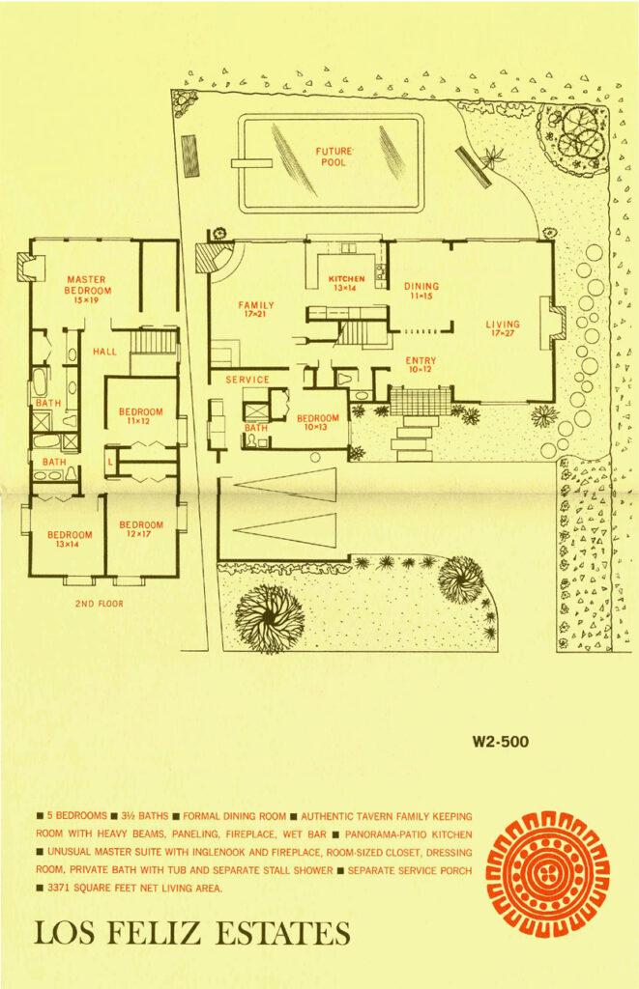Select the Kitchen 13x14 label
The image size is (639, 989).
[x=346, y=283]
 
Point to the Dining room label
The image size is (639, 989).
[x=421, y=290]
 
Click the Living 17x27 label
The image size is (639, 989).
[x=503, y=328]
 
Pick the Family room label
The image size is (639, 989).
[x=256, y=309]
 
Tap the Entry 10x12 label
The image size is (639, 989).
[x=421, y=364]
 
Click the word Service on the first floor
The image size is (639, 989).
[x=247, y=380]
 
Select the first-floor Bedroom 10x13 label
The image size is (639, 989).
[x=318, y=422]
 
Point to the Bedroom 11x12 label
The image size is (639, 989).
[x=141, y=416]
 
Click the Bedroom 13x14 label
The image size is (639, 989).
[x=70, y=539]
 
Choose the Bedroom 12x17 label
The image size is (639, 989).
[x=141, y=528]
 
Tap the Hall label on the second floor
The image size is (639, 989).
[x=104, y=352]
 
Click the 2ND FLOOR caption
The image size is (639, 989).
[x=100, y=604]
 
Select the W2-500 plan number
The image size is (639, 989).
[x=500, y=742]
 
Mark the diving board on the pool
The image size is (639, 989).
[x=251, y=163]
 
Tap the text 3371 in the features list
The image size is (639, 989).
[x=59, y=889]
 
